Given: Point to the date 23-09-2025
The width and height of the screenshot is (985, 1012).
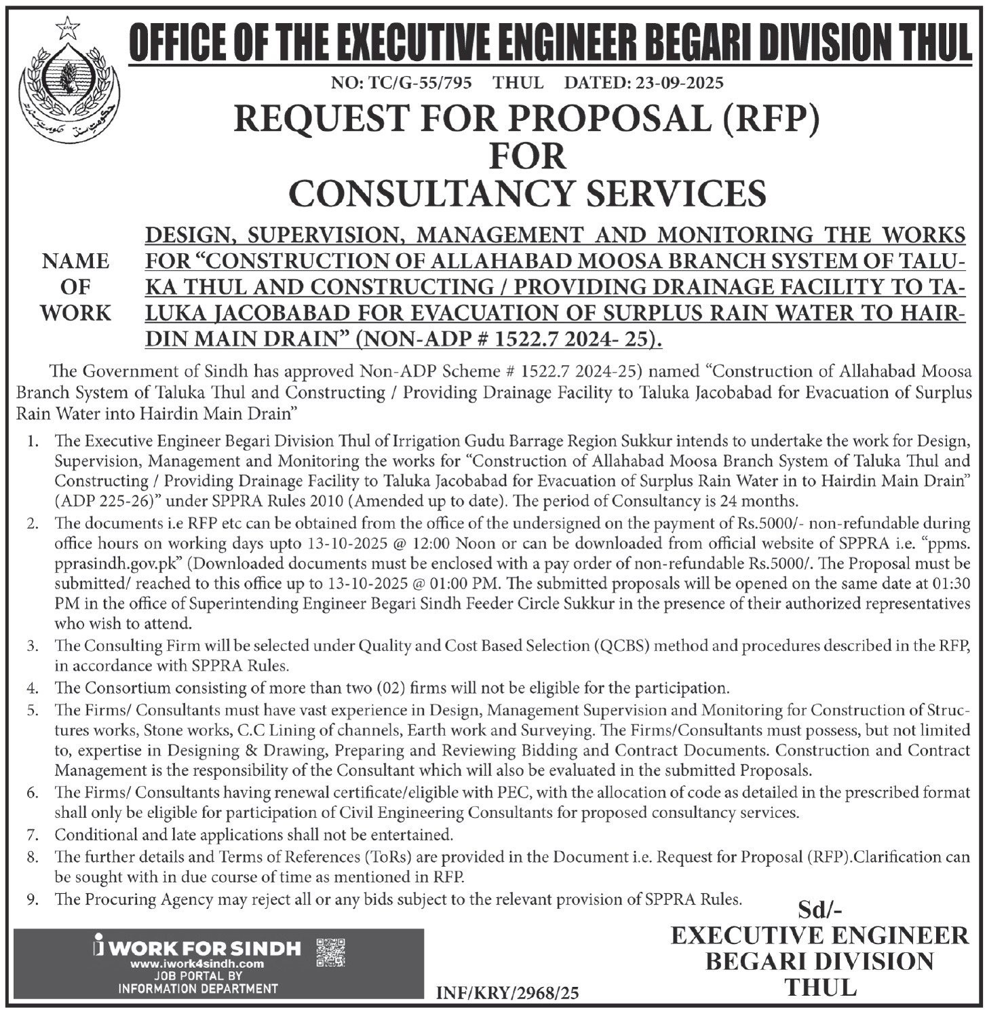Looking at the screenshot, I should coord(678,83).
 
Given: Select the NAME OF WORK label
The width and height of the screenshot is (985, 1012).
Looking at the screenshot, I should coord(75,287).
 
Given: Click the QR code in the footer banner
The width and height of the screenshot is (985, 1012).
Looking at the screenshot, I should coord(331,952).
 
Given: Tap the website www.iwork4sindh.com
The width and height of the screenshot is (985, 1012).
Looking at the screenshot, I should coord(197,964).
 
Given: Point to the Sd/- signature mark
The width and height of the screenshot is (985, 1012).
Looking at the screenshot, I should coord(819,909).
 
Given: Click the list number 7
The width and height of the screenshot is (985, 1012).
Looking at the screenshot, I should coord(32,834).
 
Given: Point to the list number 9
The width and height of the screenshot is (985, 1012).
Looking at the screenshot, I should coord(32,899).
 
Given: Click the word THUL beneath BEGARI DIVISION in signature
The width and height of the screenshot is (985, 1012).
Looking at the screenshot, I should coord(819,986).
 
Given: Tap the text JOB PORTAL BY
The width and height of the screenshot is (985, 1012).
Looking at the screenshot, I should coord(197,976).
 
